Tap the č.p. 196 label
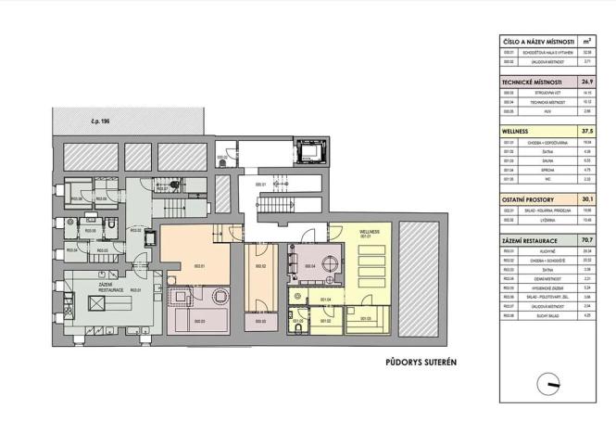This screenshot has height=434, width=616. pos(89,121)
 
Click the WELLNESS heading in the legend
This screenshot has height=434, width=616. pos(515,132)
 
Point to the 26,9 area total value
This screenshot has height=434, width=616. pos(586,82)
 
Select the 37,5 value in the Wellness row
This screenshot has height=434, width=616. pos(586,132)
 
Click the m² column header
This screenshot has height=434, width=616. pos(586,42)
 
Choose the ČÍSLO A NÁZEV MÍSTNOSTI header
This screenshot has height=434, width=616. pos(535,42)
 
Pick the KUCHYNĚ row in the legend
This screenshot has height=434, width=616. pos(536,250)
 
